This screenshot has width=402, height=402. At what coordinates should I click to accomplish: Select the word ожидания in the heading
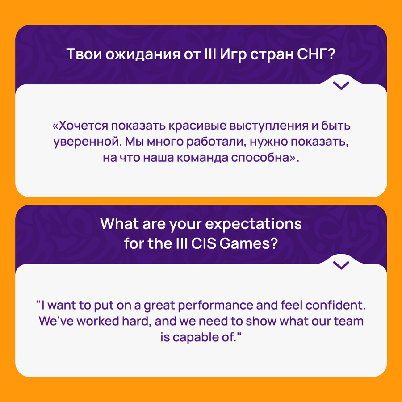pos(143,55)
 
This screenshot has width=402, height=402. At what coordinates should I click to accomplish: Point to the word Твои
pos(84,54)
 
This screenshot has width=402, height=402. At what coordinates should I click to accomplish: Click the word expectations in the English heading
pos(254,224)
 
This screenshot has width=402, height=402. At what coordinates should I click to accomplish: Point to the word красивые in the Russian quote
pos(197,126)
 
